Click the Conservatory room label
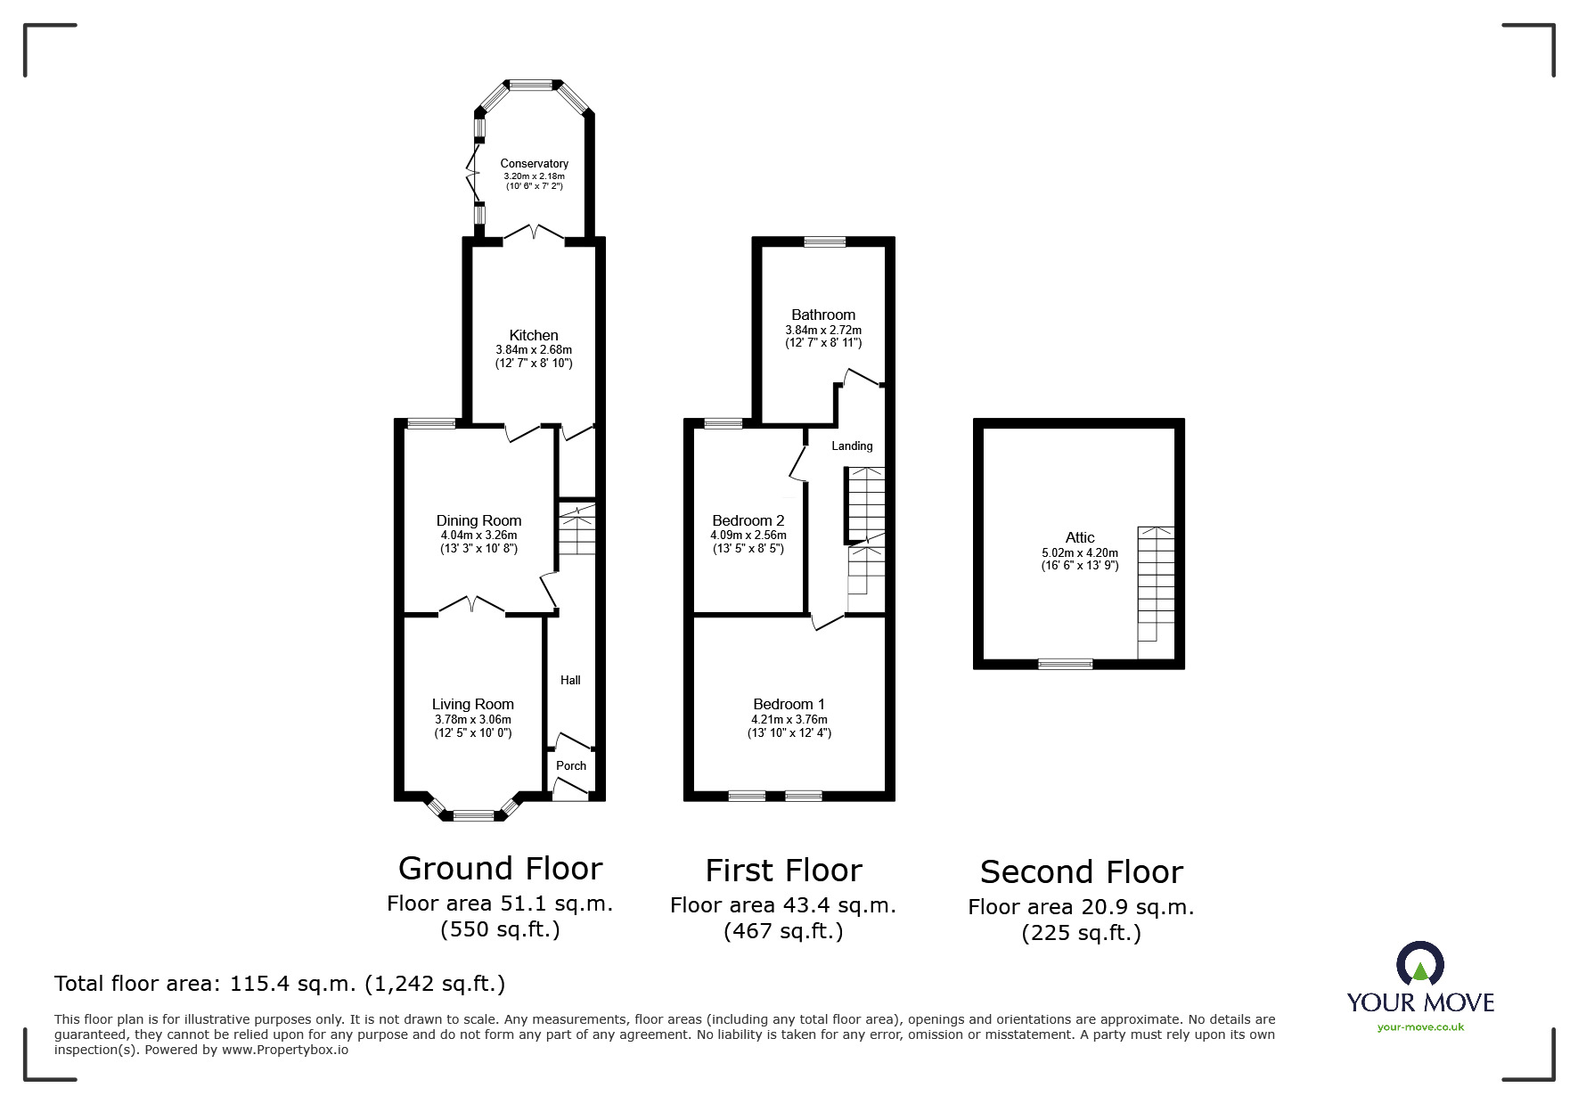534,163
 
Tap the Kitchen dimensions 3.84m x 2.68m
534,350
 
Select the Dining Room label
478,520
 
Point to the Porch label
571,765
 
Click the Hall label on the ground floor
570,680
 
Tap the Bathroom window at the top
824,241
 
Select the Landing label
852,446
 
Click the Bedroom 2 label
748,520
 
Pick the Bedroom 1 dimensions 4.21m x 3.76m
789,719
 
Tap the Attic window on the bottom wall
1065,664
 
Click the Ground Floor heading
500,868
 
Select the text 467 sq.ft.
783,932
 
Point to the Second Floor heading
1081,871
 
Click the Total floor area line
280,984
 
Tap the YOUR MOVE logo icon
1419,965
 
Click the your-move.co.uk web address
1420,1027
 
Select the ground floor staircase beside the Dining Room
577,530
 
